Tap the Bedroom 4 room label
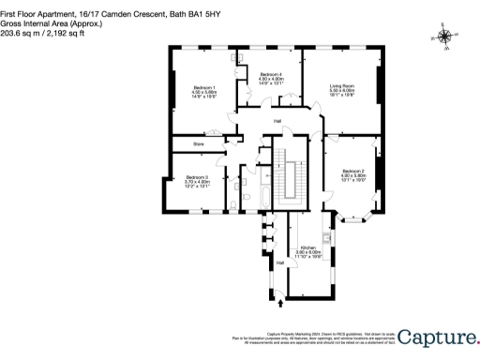click(x=271, y=74)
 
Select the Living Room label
click(x=341, y=86)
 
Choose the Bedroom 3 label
click(x=197, y=177)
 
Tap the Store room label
click(x=199, y=144)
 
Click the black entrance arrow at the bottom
click(x=278, y=304)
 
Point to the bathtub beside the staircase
click(x=265, y=196)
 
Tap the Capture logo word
click(x=439, y=336)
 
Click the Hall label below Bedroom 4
click(x=277, y=122)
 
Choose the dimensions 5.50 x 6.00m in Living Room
click(x=341, y=91)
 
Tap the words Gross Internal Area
click(x=27, y=15)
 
